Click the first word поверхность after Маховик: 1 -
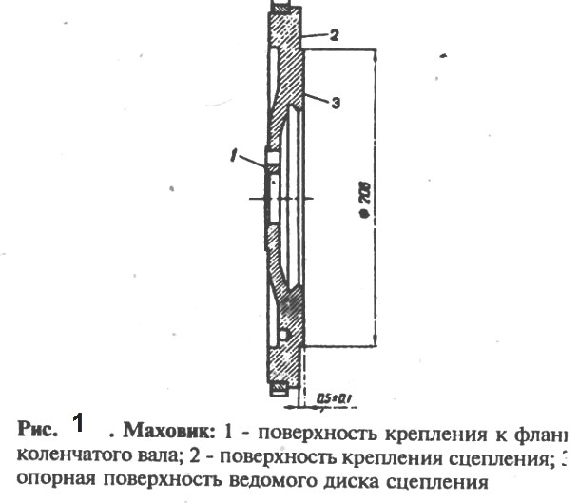click(311, 428)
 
